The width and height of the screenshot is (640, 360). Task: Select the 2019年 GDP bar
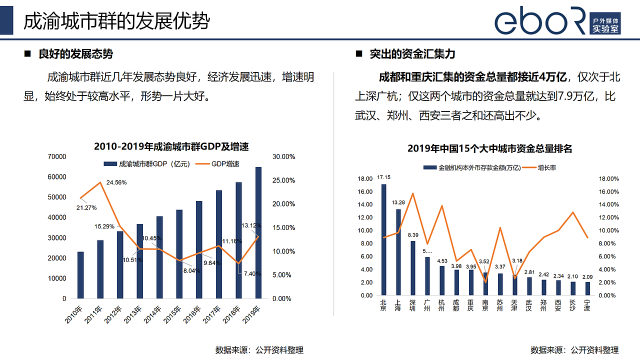pos(258,232)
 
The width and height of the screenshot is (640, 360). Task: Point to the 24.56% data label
pos(116,182)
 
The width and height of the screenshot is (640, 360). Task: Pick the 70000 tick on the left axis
pos(57,156)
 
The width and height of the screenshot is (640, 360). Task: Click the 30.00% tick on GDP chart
pos(283,156)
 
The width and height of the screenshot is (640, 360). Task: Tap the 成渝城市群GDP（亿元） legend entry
pos(147,163)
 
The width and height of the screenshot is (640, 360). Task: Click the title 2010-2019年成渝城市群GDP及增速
pos(171,146)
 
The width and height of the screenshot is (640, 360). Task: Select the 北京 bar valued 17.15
pos(383,240)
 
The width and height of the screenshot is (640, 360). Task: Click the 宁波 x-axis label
pos(587,305)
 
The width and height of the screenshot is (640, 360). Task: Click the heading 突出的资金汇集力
pos(412,54)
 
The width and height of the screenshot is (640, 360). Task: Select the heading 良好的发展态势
pos(79,54)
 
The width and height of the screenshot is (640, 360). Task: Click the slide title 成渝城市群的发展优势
pos(116,21)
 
